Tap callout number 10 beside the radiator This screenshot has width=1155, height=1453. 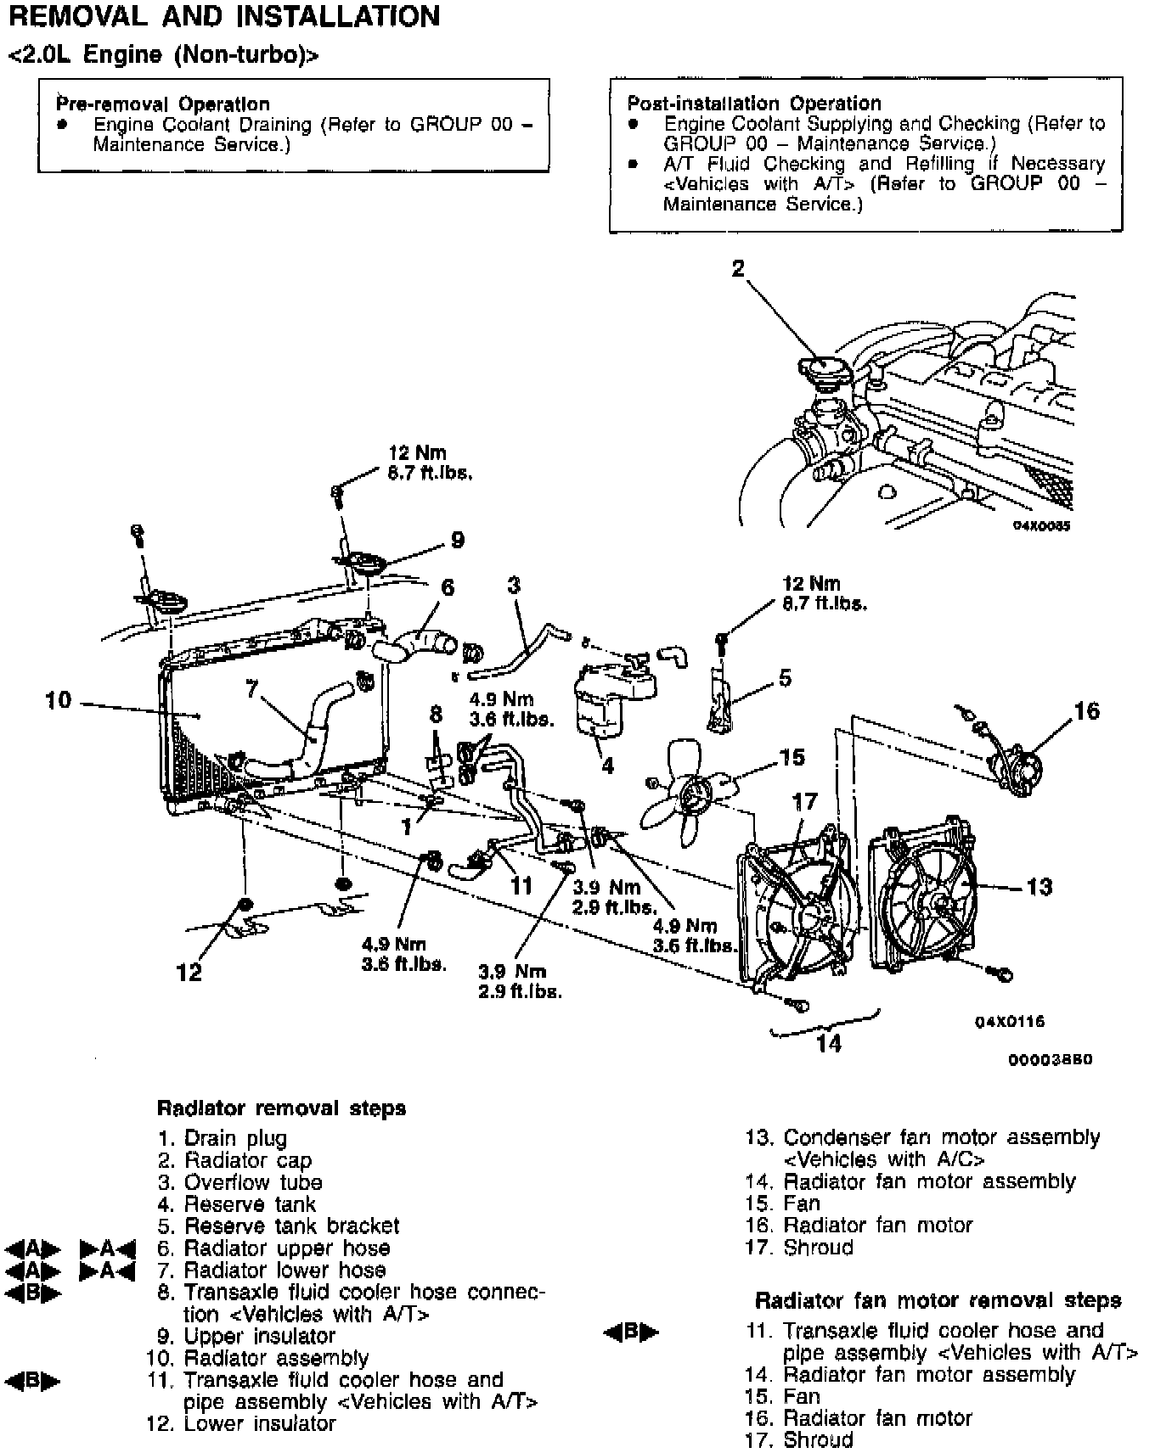59,701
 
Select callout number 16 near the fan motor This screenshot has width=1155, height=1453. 1086,711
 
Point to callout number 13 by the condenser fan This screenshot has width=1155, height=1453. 1039,887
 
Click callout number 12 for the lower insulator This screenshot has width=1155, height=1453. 189,972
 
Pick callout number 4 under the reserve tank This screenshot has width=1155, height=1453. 607,766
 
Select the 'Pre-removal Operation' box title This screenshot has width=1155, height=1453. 163,104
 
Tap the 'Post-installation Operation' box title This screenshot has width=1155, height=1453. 754,104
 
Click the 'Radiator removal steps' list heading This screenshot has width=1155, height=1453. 281,1108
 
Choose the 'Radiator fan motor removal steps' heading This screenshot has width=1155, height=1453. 938,1300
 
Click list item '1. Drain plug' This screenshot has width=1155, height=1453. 223,1138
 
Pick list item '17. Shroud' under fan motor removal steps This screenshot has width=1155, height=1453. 799,1439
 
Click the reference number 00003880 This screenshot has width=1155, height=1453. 1050,1060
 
